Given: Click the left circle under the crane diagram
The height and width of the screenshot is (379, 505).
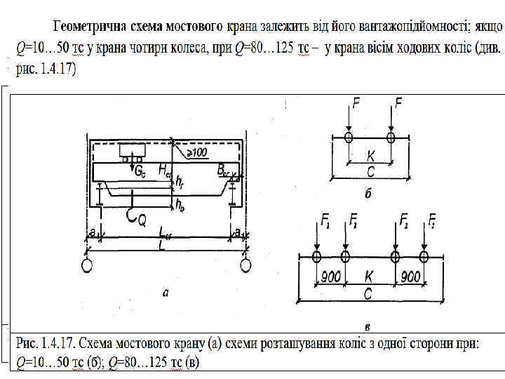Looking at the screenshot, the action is pos(86,265).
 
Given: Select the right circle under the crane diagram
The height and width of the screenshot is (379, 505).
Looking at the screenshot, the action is pos(246,265).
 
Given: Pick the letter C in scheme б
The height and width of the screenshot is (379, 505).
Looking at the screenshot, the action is pos(368,171).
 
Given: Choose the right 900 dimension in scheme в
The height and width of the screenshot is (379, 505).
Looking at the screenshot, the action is pos(410,277).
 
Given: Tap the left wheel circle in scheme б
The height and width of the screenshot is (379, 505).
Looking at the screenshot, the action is pos(348,136).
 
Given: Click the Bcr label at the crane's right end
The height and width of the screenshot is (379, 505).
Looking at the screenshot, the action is pos(223,170).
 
